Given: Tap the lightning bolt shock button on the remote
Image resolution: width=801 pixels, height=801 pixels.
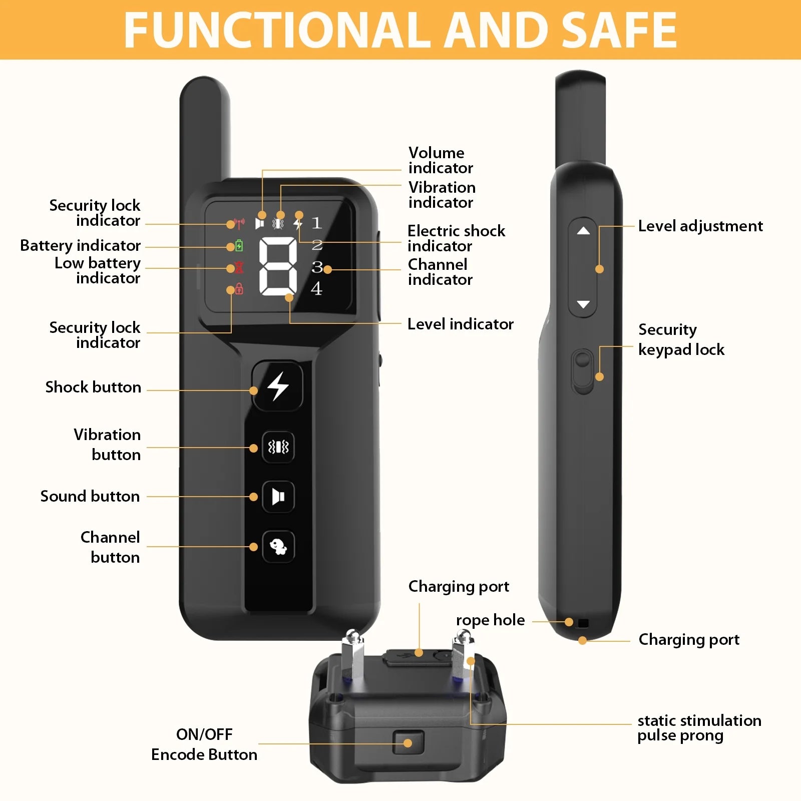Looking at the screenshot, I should tap(278, 386).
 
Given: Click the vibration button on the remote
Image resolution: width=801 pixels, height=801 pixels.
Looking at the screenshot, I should tap(278, 447).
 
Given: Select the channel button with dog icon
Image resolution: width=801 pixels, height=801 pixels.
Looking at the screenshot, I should tap(278, 546).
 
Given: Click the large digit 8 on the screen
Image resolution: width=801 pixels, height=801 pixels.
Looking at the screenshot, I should tap(278, 265).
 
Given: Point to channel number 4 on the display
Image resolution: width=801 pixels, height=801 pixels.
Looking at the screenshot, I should tap(316, 289).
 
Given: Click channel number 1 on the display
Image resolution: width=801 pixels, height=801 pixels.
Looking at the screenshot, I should tap(316, 223).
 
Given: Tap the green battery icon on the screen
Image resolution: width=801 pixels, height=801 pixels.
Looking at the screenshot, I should tap(239, 246).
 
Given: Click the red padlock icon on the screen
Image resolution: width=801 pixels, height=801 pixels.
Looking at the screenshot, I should tap(239, 289).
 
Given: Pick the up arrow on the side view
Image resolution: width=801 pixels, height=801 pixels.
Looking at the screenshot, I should tap(583, 231).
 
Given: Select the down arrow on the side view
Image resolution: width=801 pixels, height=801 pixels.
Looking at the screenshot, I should tap(583, 304).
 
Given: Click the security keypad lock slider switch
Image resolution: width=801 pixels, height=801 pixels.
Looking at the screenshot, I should tap(582, 370).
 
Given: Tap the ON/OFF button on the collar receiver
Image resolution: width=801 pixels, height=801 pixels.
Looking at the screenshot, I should tap(408, 742).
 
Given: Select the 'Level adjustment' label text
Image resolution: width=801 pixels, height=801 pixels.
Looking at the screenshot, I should tap(700, 226).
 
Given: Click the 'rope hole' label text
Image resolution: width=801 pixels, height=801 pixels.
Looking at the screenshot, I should tap(490, 620).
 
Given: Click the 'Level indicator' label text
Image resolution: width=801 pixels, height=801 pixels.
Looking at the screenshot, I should tap(460, 324).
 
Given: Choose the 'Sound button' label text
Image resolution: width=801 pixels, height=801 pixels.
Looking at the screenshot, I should tap(90, 496).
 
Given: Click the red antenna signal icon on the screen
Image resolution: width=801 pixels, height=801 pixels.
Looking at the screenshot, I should tap(239, 223).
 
